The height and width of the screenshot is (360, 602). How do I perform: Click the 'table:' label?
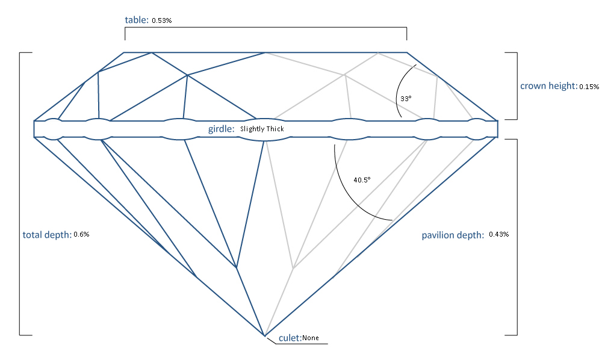136,20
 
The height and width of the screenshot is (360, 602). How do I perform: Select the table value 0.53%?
162,20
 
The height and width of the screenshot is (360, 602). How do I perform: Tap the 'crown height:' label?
548,86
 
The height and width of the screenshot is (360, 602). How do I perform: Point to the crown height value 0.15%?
589,87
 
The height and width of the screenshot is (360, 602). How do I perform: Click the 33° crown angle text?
406,98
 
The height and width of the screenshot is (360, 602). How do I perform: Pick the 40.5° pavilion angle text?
362,179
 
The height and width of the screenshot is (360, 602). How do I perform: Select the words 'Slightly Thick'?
262,129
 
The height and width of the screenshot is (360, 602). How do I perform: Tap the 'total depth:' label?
47,234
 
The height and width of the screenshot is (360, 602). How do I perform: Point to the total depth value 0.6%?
81,234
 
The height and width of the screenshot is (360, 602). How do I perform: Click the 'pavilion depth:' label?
452,235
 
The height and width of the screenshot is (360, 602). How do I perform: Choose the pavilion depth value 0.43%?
499,234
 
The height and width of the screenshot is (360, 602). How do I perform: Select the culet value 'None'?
311,338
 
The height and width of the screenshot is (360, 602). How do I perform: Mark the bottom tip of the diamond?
264,335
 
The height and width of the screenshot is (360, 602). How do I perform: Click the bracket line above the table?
265,27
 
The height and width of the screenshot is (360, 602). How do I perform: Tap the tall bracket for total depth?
20,193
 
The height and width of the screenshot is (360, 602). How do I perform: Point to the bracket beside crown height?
517,85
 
